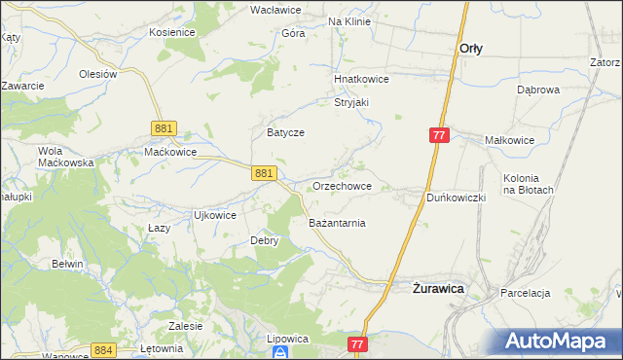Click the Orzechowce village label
tap(341, 186)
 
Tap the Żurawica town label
tap(436, 288)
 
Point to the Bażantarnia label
tap(337, 223)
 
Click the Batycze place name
tap(286, 131)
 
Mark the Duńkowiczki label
tap(457, 197)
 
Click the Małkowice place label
tap(510, 140)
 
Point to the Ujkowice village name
tap(215, 215)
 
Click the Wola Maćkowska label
tap(64, 157)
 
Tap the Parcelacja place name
tap(526, 293)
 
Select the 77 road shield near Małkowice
tap(438, 136)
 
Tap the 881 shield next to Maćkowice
tap(164, 127)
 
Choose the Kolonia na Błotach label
tap(529, 184)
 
